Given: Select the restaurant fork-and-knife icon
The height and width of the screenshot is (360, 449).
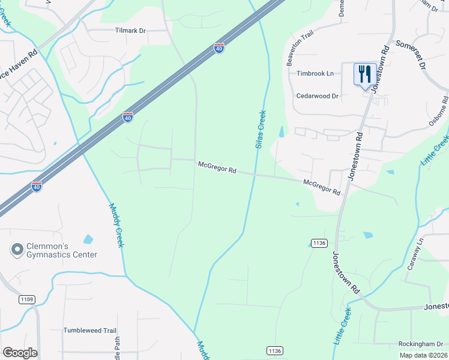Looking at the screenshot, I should pyautogui.click(x=365, y=74).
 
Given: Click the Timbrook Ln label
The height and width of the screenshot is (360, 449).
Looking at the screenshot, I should pyautogui.click(x=315, y=73).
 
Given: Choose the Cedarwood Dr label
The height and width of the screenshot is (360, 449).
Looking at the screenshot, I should pyautogui.click(x=318, y=95).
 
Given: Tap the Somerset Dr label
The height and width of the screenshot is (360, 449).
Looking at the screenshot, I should pyautogui.click(x=411, y=54).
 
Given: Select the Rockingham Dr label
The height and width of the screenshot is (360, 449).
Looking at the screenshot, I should pyautogui.click(x=423, y=344).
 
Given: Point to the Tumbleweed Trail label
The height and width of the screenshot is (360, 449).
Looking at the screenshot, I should pyautogui.click(x=89, y=331).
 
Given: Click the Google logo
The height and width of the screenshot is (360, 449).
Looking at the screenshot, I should pyautogui.click(x=20, y=353).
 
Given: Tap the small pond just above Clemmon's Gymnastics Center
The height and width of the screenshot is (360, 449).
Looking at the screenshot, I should pyautogui.click(x=88, y=239).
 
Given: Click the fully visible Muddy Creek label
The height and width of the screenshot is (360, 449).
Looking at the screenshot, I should pyautogui.click(x=116, y=225).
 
